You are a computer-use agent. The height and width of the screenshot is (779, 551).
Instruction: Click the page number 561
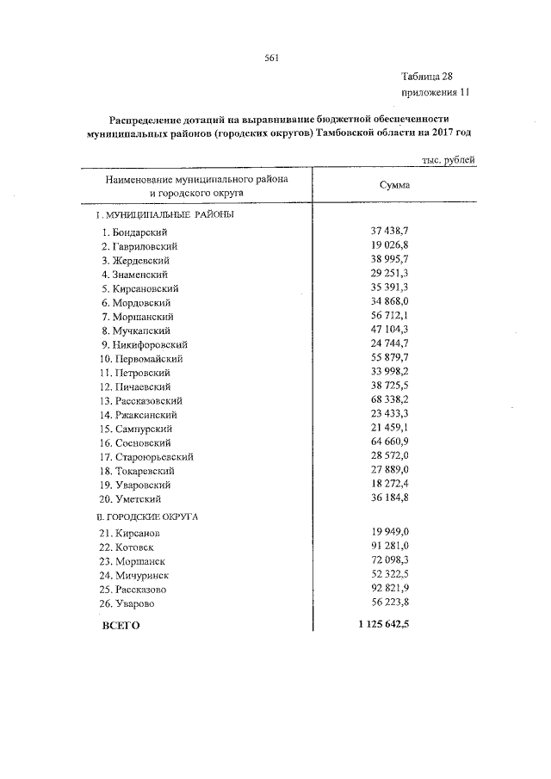272,58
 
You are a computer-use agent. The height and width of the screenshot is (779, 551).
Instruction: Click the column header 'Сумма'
394,185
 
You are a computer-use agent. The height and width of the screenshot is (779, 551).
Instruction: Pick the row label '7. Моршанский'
136,317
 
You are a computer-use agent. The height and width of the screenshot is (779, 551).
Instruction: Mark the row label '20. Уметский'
130,498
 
